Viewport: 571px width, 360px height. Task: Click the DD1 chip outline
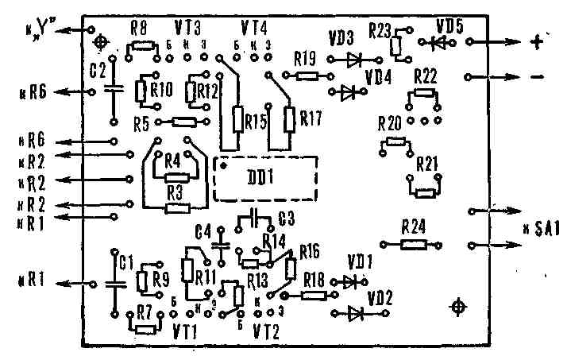[x=265, y=179]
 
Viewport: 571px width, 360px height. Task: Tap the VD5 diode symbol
[x=436, y=42]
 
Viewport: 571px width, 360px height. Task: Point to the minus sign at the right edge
[x=537, y=77]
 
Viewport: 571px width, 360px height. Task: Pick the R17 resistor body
[x=288, y=119]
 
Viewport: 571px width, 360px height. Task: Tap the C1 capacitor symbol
[x=115, y=283]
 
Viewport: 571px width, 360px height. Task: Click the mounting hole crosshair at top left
[x=100, y=41]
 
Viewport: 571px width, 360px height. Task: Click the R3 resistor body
[x=176, y=209]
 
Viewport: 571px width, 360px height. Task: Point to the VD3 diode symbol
[x=355, y=57]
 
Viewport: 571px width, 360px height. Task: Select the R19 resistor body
[x=307, y=76]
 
